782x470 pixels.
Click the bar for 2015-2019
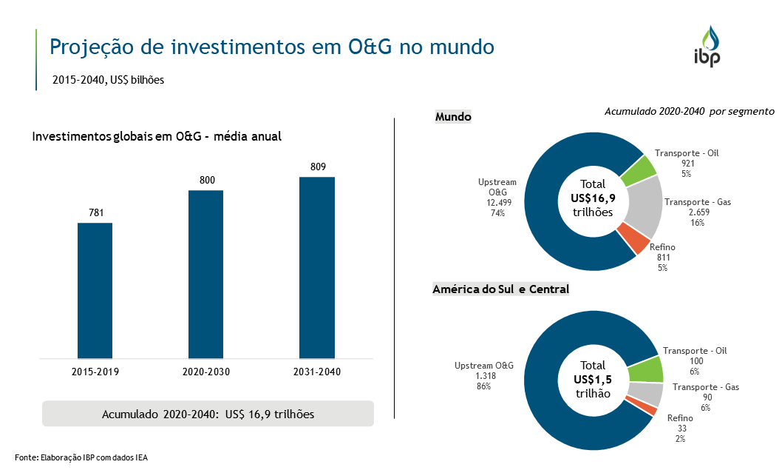(x=95, y=290)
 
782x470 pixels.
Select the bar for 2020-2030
(x=205, y=274)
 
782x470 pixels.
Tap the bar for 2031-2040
(x=316, y=267)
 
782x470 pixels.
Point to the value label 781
(x=95, y=213)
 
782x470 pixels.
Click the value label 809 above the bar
(x=318, y=167)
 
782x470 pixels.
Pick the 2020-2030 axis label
(x=206, y=371)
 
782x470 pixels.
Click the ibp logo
(x=707, y=47)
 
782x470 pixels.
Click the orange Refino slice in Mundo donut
(x=632, y=238)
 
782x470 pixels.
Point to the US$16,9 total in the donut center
(x=593, y=198)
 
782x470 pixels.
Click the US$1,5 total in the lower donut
(x=593, y=379)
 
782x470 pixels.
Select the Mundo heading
(x=453, y=117)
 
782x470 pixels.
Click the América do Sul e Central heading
(x=500, y=289)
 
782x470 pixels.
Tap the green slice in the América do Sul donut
(x=645, y=369)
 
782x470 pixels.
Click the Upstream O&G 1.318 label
(x=484, y=375)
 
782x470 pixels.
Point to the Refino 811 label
(x=662, y=257)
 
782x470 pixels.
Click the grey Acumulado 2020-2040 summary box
(x=208, y=414)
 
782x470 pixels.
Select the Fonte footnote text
(x=81, y=457)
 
